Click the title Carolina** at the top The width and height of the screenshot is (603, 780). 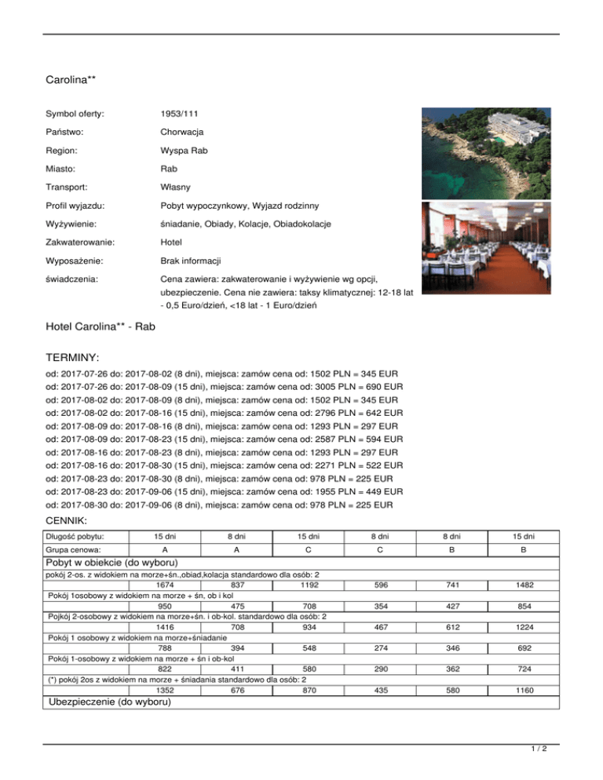tap(71, 79)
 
